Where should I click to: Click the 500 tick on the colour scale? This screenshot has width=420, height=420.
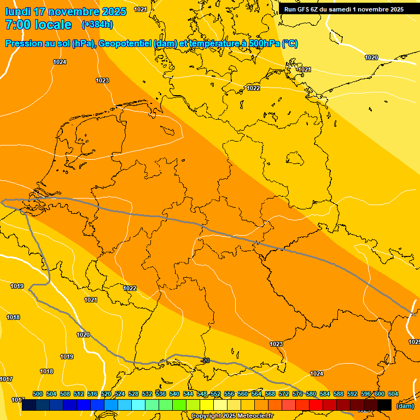click(x=38, y=394)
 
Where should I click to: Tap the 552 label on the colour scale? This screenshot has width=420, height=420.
click(x=215, y=394)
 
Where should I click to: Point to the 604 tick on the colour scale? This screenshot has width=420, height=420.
click(x=393, y=394)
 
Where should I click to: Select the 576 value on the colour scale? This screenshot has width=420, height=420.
click(x=297, y=394)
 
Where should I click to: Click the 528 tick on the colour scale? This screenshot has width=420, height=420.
click(x=133, y=394)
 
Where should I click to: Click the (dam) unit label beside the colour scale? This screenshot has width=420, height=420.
click(x=405, y=405)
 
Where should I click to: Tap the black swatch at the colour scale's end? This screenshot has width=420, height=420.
click(x=384, y=405)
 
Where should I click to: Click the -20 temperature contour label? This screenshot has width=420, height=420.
click(x=205, y=360)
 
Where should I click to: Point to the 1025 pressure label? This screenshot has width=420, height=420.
click(x=414, y=342)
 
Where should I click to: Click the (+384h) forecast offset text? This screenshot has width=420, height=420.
click(x=97, y=25)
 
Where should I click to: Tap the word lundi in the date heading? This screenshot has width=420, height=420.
click(x=17, y=11)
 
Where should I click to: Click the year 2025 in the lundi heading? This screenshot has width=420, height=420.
click(x=113, y=11)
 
